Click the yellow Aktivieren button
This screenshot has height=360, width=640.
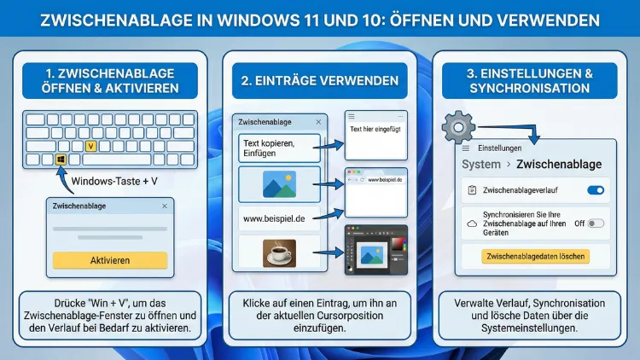(109, 260)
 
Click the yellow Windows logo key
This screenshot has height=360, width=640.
(61, 160)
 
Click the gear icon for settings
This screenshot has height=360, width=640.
(458, 129)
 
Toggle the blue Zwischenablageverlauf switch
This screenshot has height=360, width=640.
(596, 190)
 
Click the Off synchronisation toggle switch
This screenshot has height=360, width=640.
(596, 224)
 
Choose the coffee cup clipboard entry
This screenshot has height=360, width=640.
(280, 253)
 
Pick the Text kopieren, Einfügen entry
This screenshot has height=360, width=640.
(279, 148)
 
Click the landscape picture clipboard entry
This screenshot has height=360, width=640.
(279, 184)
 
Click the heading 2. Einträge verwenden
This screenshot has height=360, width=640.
(321, 81)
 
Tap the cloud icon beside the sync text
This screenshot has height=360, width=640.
(472, 224)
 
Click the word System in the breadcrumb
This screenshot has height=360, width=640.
(480, 164)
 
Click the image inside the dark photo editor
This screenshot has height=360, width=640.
(371, 252)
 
